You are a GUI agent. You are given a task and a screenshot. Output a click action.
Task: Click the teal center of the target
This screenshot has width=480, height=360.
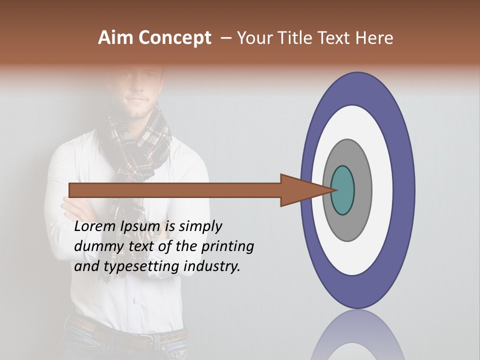click(342, 190)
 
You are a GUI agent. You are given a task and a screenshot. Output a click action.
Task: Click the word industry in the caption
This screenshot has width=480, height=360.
click(212, 266)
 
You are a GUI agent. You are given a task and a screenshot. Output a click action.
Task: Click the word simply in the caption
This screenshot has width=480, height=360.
click(199, 226)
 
